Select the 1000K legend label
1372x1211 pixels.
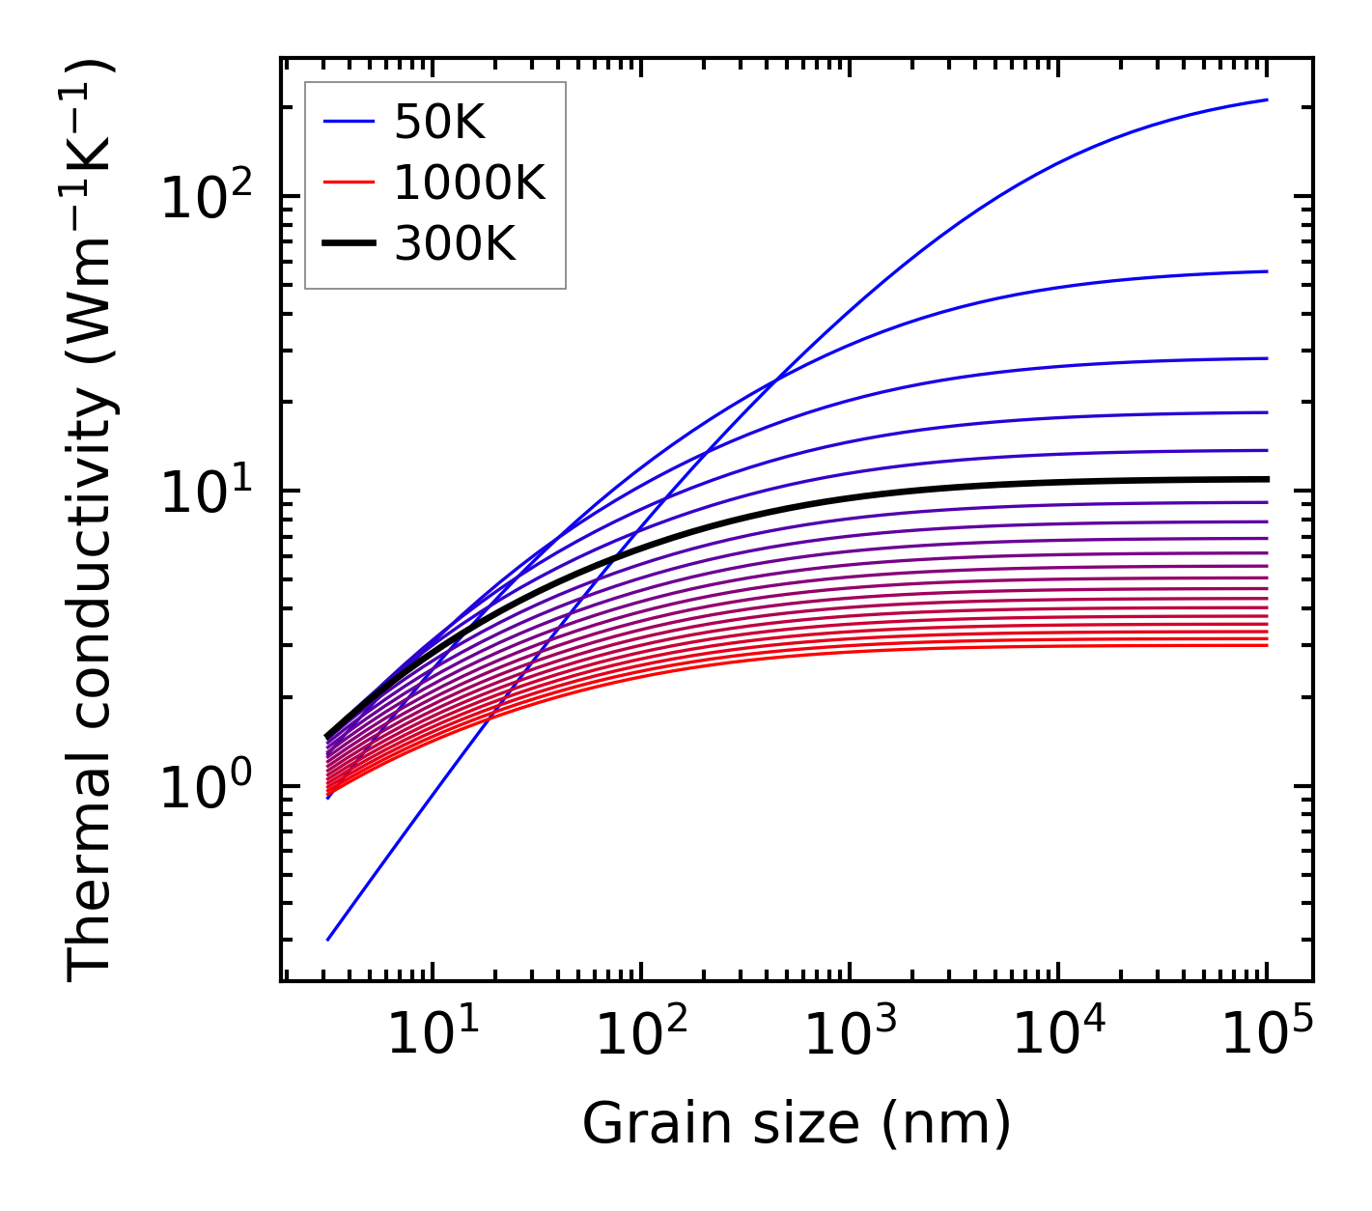pos(469,183)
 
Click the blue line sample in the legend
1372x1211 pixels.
pos(348,122)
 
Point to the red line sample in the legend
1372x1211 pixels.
pos(348,183)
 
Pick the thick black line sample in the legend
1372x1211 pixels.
pos(348,244)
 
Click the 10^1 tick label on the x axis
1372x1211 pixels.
pos(432,1035)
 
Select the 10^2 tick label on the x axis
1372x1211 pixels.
pos(640,1035)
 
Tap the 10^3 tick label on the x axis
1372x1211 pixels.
pos(849,1035)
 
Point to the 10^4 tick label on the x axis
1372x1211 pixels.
pos(1057,1035)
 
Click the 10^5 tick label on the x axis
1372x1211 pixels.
pos(1266,1035)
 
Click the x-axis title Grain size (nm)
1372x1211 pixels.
pos(797,1123)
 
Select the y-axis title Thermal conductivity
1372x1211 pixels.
pos(92,520)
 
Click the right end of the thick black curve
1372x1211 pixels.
pos(1266,479)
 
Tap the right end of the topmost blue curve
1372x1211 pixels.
pos(1266,99)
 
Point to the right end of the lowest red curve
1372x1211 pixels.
pos(1266,645)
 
